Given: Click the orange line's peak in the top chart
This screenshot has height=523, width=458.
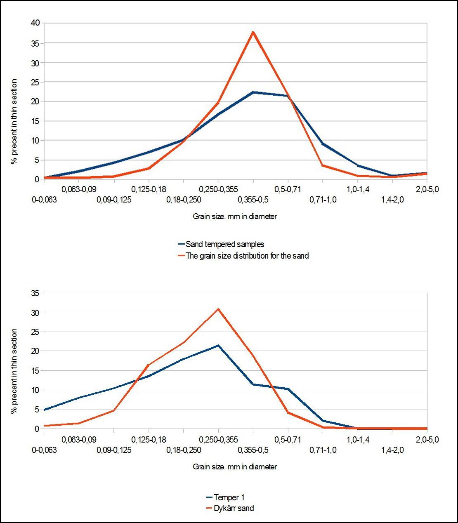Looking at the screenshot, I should (253, 32).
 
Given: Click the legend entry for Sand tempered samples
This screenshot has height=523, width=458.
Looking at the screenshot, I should (224, 244).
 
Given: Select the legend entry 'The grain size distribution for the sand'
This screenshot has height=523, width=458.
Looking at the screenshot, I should (247, 256).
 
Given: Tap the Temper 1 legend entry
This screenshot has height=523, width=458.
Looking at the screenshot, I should (229, 497).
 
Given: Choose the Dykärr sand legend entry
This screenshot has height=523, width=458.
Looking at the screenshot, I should (234, 508).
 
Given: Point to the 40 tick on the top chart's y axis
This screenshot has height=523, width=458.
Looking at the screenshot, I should (35, 23).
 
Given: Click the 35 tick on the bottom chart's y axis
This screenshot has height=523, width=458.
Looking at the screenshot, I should (35, 293).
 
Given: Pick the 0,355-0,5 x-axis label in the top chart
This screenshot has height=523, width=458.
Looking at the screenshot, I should (253, 200).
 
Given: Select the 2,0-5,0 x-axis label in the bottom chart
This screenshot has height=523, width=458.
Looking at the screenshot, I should (427, 440).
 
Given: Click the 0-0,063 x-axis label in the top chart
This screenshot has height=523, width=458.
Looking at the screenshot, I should (44, 200).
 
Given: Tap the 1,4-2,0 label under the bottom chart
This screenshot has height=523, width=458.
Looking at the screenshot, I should (392, 450).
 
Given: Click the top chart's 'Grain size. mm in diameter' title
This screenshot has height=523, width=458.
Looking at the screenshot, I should (235, 216).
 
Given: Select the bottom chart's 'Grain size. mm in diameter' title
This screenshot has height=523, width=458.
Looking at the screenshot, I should (235, 467).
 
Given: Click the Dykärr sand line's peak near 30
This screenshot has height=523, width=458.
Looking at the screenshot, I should (218, 309).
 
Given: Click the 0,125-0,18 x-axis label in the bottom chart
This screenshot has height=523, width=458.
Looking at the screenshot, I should (149, 440).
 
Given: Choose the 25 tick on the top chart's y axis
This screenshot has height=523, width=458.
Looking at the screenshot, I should (35, 82).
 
